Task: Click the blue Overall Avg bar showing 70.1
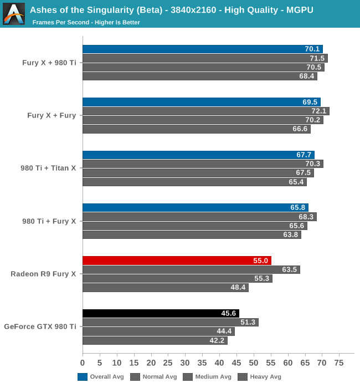[x=203, y=49]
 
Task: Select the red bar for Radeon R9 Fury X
[x=177, y=261]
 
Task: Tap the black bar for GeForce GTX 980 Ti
[x=161, y=314]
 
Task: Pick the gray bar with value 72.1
[x=205, y=111]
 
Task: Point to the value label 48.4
[x=238, y=288]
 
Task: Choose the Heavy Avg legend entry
[x=260, y=377]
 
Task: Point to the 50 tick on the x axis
[x=254, y=363]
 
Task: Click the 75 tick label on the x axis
[x=340, y=363]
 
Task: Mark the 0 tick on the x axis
[x=83, y=363]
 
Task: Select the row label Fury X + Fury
[x=52, y=115]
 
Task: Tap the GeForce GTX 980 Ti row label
[x=40, y=327]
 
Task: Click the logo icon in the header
[x=14, y=14]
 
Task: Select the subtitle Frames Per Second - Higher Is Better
[x=86, y=23]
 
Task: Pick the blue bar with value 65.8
[x=196, y=208]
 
